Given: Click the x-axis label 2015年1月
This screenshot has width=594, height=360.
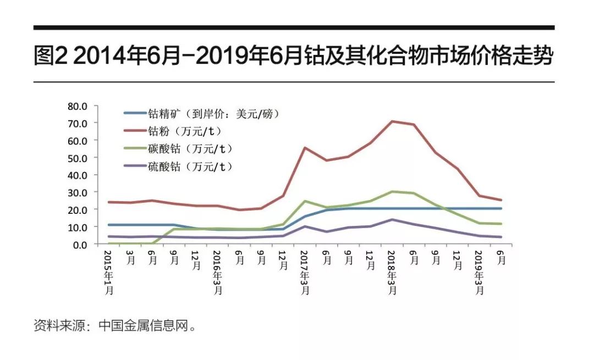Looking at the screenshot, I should (x=108, y=273).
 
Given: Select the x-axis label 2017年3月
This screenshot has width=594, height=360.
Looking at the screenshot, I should (x=305, y=273).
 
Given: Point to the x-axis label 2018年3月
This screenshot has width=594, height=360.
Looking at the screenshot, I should (x=392, y=273).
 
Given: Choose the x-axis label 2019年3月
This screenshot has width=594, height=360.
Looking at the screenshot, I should (x=479, y=273).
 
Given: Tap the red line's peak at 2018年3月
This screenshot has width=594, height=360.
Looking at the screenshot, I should (x=392, y=121).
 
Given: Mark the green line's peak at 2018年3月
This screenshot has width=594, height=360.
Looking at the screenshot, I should (x=392, y=191).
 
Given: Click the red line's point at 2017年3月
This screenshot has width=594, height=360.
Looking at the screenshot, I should (x=305, y=148).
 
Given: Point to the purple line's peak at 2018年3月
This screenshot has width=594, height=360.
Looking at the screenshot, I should (x=392, y=219).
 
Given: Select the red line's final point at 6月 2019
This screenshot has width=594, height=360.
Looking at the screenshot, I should (x=501, y=200).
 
